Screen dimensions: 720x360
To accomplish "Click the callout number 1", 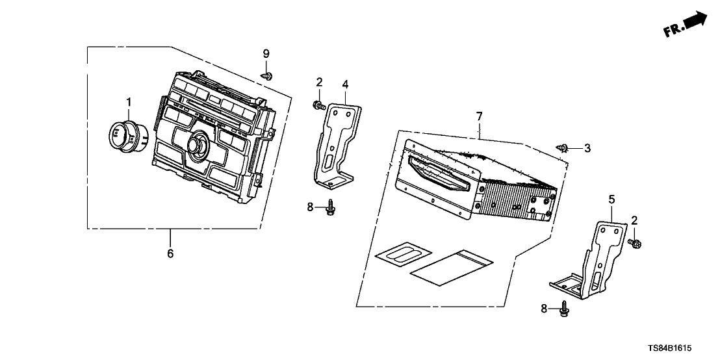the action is coord(129,101).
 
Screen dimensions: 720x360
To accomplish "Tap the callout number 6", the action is coord(170,253).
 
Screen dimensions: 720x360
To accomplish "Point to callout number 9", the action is coord(266,54).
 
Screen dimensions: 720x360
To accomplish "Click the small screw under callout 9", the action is coord(267,75).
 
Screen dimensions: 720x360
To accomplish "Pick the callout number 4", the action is coord(345,84).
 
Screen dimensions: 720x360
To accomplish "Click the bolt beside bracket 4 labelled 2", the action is coord(319,106).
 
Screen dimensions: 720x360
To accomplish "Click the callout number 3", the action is coord(587,148).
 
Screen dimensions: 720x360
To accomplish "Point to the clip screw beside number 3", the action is coord(563,148).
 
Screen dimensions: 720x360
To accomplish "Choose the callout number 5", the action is coord(611,199).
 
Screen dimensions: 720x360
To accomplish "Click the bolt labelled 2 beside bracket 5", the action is coord(634,242).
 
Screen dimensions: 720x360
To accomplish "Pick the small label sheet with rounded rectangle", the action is coord(403,253).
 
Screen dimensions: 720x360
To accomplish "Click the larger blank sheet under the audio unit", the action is coord(452,268).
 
